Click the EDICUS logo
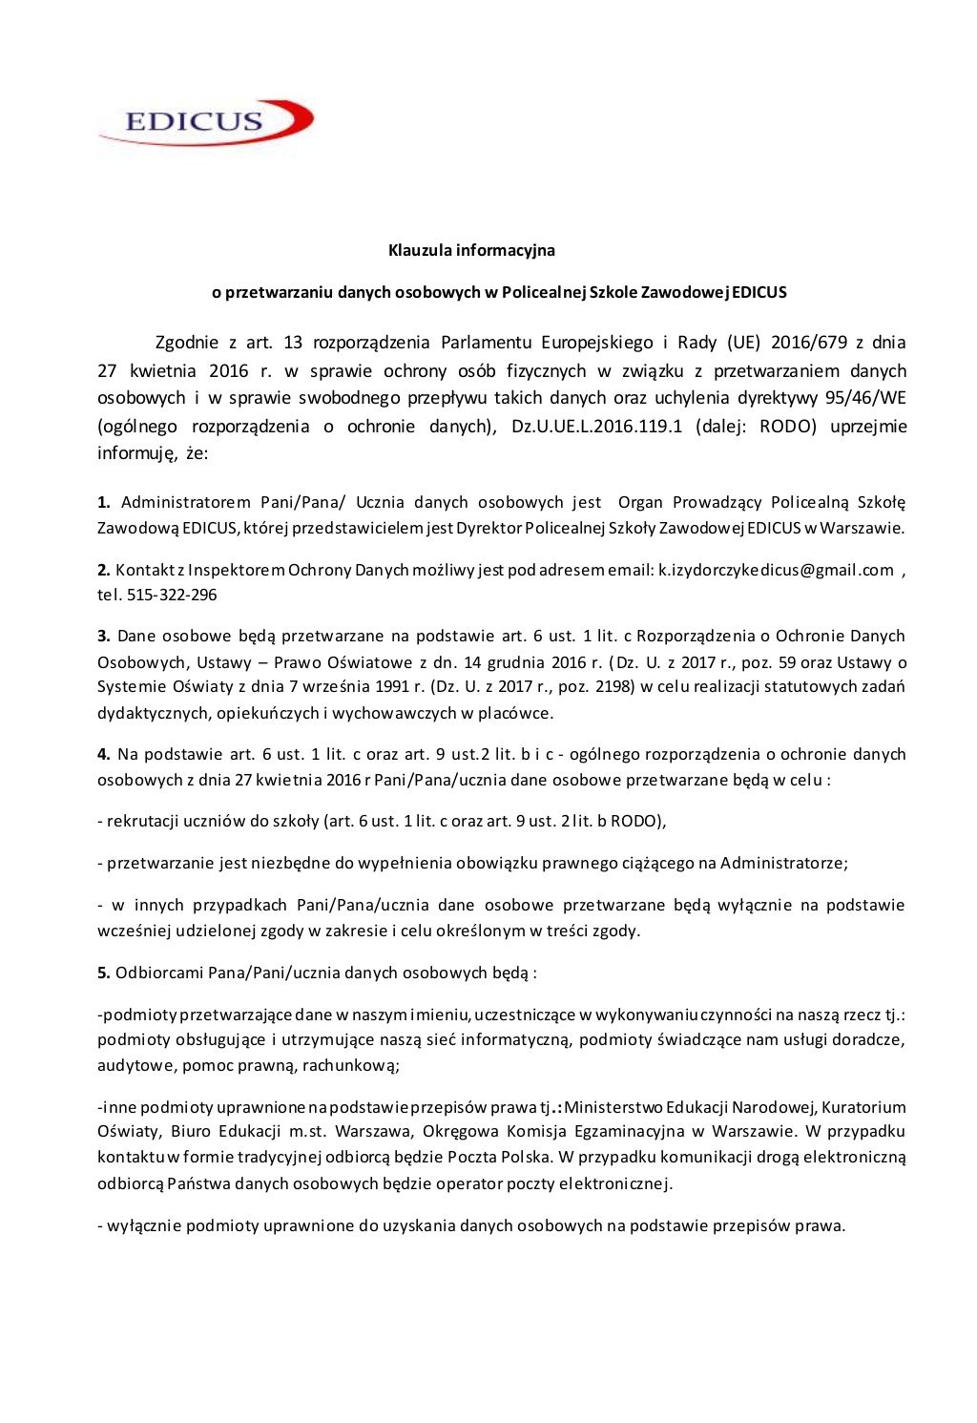206,121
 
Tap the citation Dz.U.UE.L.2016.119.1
597,426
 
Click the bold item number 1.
103,502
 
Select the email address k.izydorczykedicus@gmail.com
776,570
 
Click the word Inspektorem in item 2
236,570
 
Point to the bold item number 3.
103,636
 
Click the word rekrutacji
142,821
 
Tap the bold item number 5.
103,973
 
